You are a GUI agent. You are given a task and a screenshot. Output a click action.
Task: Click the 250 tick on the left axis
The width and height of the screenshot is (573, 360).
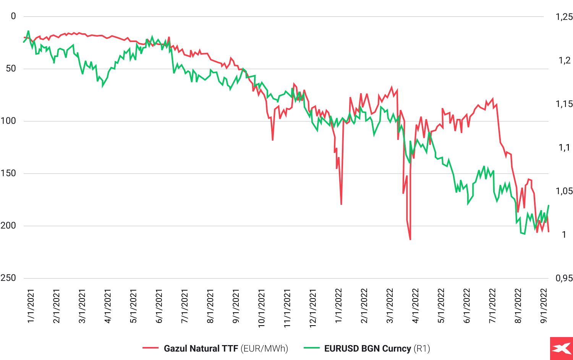(x=8, y=278)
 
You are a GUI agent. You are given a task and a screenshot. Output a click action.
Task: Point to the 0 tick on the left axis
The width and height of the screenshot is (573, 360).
(x=13, y=16)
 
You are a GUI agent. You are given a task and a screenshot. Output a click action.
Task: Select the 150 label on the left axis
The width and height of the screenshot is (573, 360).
(x=8, y=173)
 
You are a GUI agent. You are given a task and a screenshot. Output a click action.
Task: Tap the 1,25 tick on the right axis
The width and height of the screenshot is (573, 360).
(x=564, y=16)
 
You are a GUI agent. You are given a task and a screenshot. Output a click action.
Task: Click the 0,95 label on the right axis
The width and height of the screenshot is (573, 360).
(x=564, y=278)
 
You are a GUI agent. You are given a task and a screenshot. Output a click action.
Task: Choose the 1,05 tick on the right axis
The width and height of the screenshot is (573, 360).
(x=564, y=191)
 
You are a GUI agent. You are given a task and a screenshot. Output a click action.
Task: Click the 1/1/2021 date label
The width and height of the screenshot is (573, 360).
(x=31, y=306)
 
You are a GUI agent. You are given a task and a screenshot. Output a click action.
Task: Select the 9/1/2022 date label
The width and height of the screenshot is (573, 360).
(x=544, y=306)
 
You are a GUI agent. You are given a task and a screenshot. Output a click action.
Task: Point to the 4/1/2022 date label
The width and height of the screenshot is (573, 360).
(x=416, y=306)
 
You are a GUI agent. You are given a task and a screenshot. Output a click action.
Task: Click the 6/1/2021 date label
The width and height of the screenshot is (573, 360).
(x=159, y=306)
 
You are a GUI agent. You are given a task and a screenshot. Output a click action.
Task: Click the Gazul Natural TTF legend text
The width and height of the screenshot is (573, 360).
(x=201, y=349)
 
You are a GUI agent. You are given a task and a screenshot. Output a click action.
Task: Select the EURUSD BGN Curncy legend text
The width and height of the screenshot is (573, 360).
(x=367, y=349)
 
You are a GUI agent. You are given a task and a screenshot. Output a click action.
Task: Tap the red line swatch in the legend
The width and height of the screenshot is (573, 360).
(x=151, y=348)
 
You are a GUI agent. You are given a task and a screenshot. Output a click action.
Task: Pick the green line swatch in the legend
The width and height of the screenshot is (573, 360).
(x=311, y=348)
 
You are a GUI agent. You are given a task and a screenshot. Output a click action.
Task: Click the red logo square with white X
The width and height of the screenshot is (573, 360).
(x=561, y=349)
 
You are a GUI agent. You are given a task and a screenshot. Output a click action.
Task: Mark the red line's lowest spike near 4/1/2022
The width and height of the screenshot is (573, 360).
(x=410, y=239)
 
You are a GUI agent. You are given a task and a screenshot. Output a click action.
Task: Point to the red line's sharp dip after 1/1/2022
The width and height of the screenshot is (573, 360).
(x=341, y=204)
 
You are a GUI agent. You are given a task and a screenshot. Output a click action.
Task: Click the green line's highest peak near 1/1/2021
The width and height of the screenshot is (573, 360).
(x=28, y=31)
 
